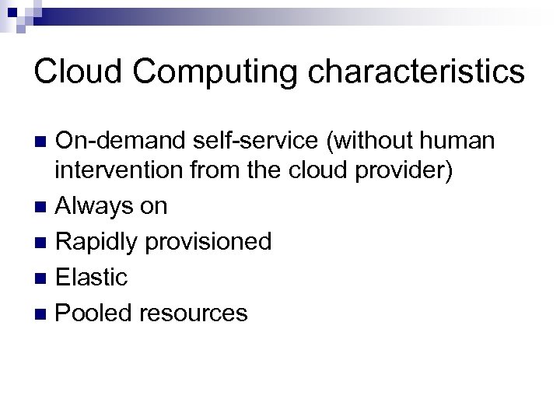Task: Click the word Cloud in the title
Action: click(75, 72)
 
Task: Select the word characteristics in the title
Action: click(415, 72)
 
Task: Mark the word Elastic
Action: click(92, 278)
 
